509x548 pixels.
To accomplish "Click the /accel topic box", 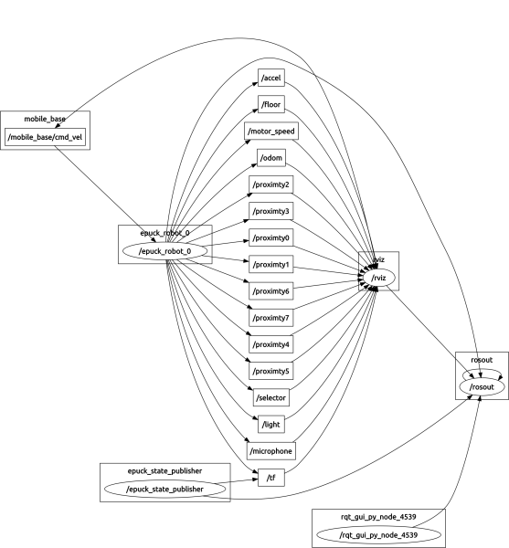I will pyautogui.click(x=272, y=79).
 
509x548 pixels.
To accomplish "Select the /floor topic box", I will pyautogui.click(x=272, y=105).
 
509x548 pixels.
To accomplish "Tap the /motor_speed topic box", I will pyautogui.click(x=272, y=132).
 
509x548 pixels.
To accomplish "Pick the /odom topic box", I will pyautogui.click(x=272, y=159).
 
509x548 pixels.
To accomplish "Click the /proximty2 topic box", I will pyautogui.click(x=271, y=185).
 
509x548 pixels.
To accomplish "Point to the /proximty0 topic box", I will pyautogui.click(x=271, y=238).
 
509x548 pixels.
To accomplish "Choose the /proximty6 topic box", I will pyautogui.click(x=271, y=291).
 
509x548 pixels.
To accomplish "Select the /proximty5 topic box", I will pyautogui.click(x=271, y=372).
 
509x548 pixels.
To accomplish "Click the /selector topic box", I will pyautogui.click(x=272, y=398).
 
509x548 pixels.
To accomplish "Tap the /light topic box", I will pyautogui.click(x=272, y=425).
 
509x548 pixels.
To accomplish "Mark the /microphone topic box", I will pyautogui.click(x=272, y=451).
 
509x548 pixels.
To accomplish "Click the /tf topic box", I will pyautogui.click(x=272, y=478).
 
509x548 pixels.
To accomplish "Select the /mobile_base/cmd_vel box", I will pyautogui.click(x=45, y=138).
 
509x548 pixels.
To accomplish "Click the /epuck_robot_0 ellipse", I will pyautogui.click(x=165, y=250).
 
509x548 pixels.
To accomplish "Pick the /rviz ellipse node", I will pyautogui.click(x=379, y=278).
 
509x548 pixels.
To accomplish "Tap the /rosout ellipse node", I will pyautogui.click(x=481, y=387).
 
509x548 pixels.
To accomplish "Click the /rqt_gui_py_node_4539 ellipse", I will pyautogui.click(x=379, y=534).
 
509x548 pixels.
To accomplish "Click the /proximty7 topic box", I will pyautogui.click(x=271, y=318).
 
